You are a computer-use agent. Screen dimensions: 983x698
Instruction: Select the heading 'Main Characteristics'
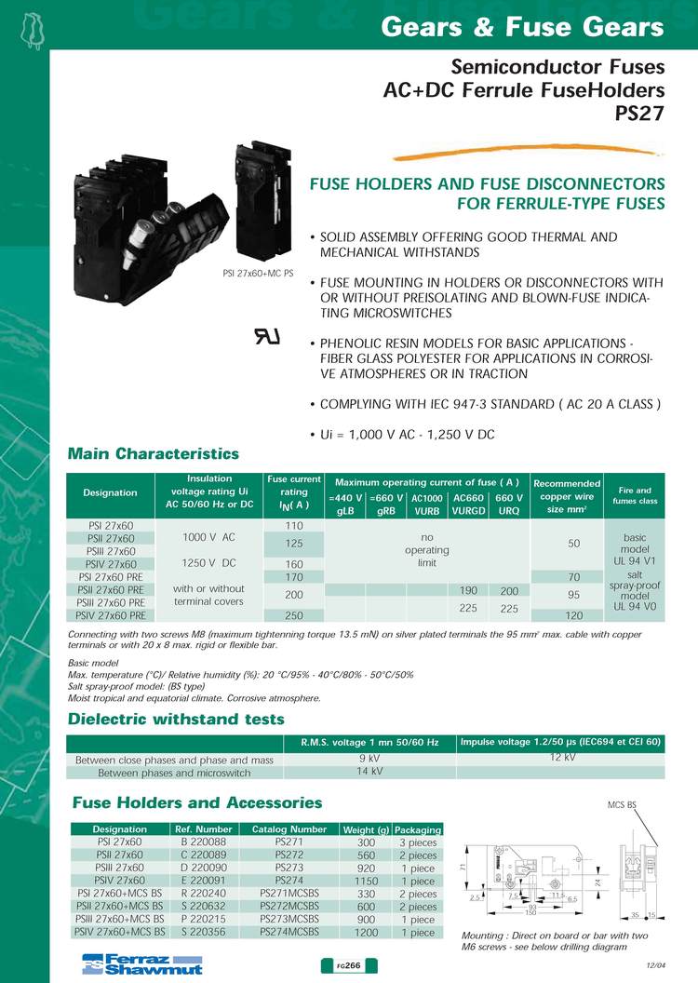click(154, 453)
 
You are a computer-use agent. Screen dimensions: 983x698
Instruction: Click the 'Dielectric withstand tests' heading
click(177, 719)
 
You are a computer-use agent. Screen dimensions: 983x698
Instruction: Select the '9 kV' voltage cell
click(369, 759)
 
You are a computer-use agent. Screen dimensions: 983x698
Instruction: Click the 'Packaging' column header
click(418, 828)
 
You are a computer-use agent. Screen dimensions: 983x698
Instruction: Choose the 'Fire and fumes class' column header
click(636, 495)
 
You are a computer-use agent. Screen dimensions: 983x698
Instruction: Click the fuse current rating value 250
click(294, 615)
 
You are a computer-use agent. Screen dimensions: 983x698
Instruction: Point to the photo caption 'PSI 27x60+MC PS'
click(258, 274)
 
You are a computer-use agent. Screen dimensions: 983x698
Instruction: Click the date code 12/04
click(656, 969)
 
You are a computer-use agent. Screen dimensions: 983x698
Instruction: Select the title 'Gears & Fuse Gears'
click(523, 28)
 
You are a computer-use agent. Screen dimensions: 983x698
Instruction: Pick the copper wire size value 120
click(568, 615)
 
